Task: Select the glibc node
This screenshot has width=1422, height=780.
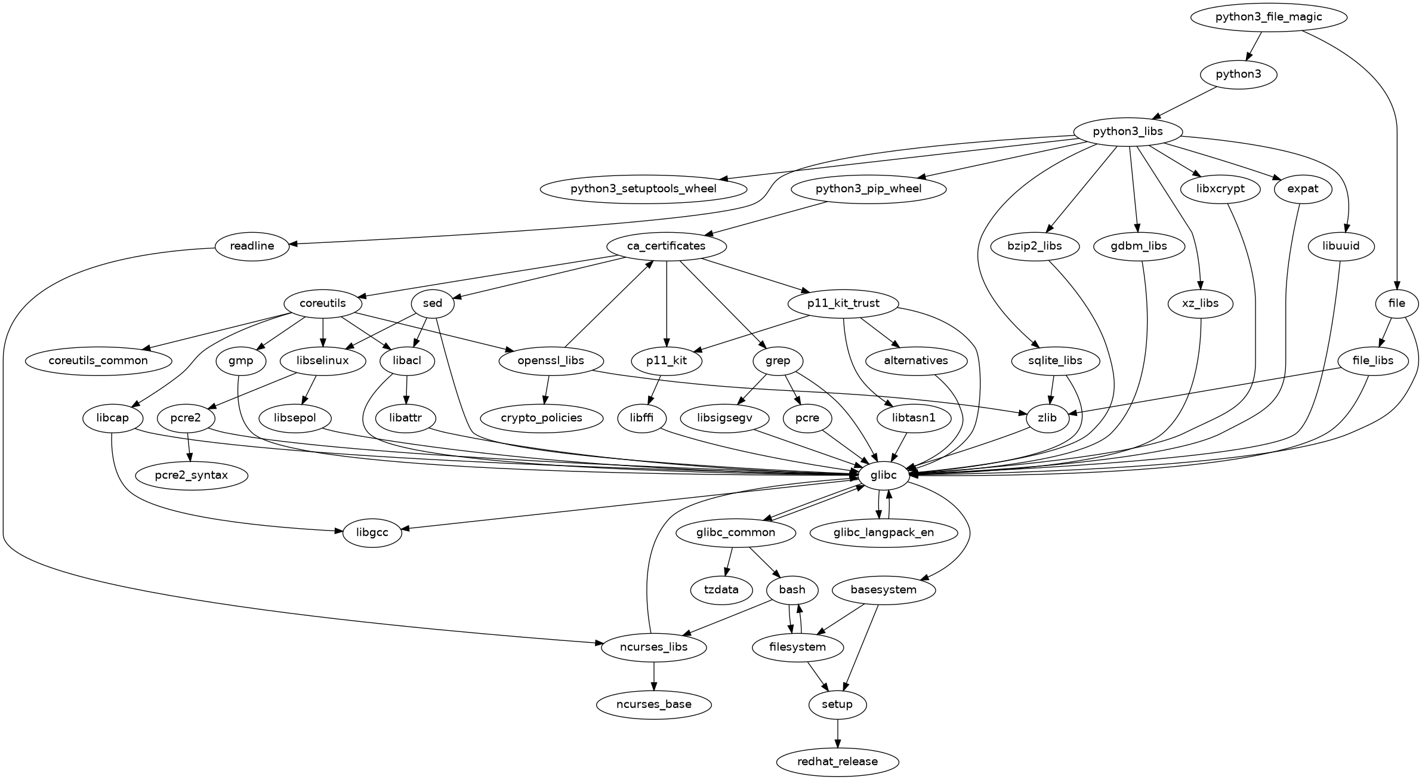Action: tap(884, 475)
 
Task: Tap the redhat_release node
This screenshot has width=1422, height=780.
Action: tap(837, 761)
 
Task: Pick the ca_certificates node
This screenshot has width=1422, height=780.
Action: tap(666, 246)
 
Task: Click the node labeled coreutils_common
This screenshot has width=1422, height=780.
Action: tap(98, 360)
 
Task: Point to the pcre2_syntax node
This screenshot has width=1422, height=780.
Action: tap(191, 476)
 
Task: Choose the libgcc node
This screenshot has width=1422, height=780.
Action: tap(372, 532)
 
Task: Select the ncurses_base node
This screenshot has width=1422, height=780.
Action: tap(654, 704)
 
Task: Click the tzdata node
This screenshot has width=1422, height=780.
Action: tap(721, 590)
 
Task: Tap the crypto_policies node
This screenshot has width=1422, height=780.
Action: tap(542, 418)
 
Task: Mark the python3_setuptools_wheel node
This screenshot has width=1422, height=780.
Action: tap(643, 189)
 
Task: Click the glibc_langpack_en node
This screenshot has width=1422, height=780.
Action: tap(884, 532)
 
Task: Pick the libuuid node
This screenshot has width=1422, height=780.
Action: tap(1341, 246)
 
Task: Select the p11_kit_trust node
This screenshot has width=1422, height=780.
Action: tap(843, 303)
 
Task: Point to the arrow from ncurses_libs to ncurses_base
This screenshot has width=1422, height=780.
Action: tap(654, 676)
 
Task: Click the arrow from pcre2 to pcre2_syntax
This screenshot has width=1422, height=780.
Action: tap(189, 447)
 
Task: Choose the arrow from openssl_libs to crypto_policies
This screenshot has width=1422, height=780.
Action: tap(546, 390)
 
